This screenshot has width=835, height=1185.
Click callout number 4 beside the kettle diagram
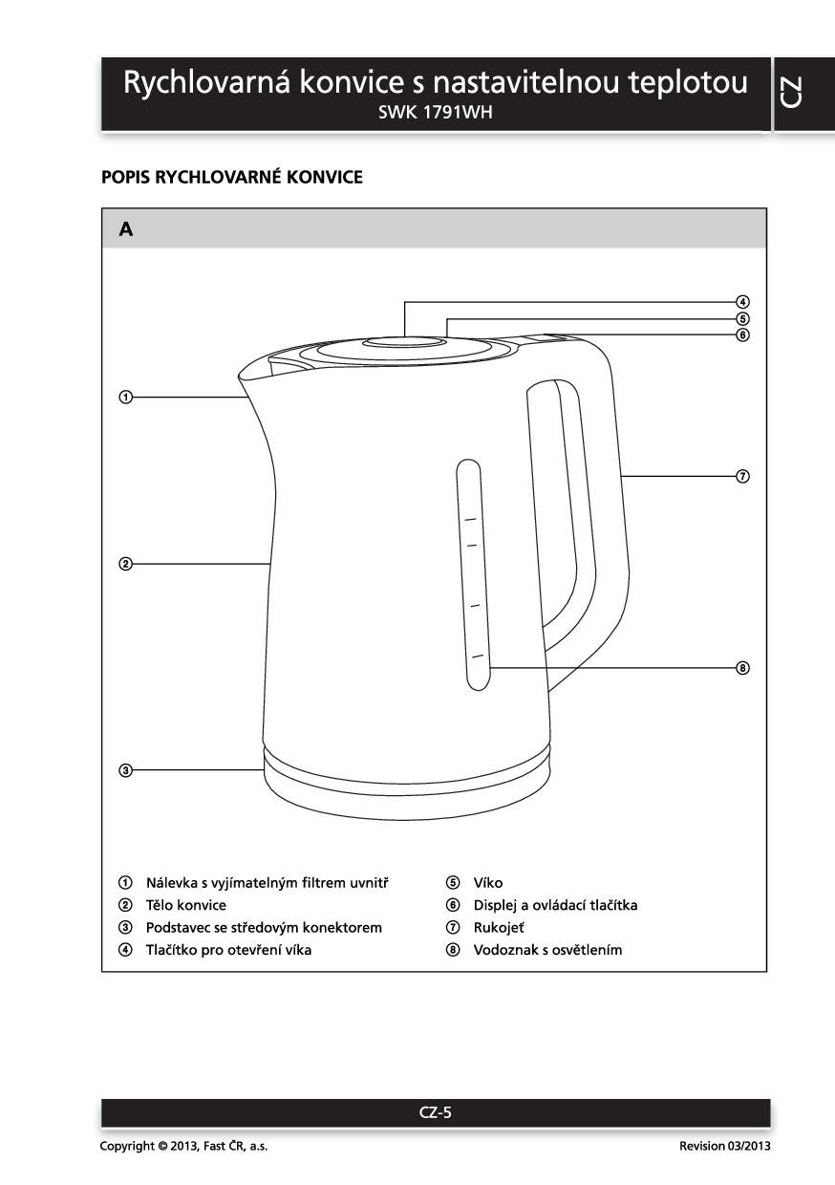tap(742, 302)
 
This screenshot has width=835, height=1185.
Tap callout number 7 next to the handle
tap(742, 476)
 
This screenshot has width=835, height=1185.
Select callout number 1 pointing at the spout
tap(125, 397)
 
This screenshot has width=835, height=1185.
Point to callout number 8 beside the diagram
tap(742, 667)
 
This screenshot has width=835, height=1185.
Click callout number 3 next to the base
tap(125, 769)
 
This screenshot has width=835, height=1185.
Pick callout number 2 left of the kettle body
tap(125, 564)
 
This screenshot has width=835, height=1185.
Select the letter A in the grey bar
tap(126, 229)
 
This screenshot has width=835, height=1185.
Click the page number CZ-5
tap(435, 1111)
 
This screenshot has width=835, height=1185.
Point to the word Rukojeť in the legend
tap(499, 927)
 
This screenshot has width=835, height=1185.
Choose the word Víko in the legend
tap(487, 883)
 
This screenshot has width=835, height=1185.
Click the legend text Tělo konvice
tap(185, 905)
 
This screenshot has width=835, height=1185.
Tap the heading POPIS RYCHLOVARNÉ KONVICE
tap(231, 178)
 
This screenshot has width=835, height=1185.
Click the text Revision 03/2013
tap(724, 1146)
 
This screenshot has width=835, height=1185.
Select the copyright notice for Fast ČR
tap(183, 1146)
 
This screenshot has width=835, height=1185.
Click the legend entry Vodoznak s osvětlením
tap(547, 950)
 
